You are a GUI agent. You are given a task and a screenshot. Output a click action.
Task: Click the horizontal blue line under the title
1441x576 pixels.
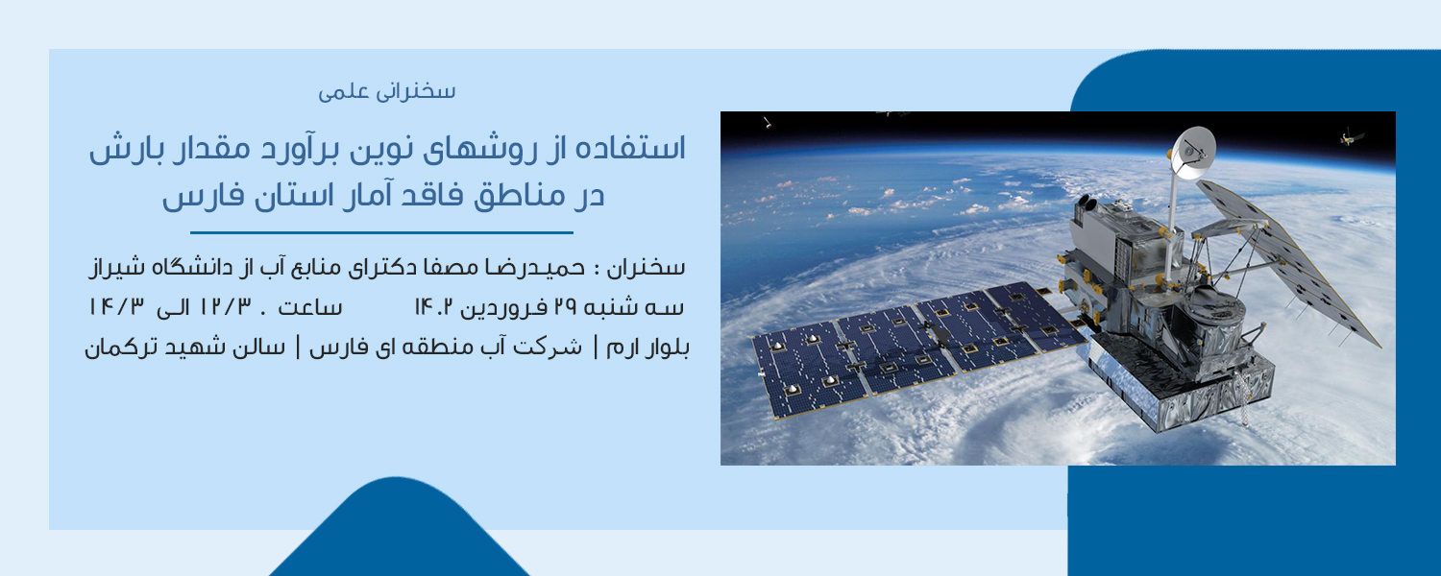coord(381,232)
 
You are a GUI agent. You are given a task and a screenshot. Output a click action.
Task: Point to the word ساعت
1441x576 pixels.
coord(309,307)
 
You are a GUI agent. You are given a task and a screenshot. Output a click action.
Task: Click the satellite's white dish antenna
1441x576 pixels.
coord(1193,152)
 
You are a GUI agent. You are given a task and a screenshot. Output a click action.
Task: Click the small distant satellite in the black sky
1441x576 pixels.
coord(1353,136)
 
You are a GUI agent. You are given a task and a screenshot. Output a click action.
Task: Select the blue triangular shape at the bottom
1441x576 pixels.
coord(399,526)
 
